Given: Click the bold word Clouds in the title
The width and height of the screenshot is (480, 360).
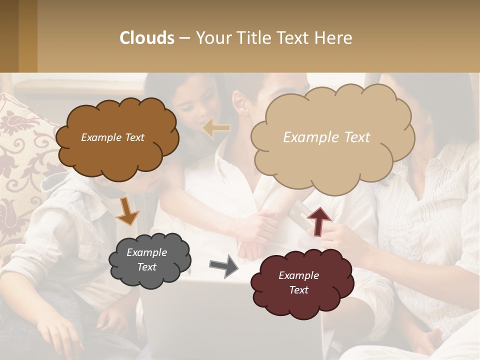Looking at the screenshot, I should [147, 38].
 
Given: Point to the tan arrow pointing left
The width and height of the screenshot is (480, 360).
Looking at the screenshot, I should [217, 128].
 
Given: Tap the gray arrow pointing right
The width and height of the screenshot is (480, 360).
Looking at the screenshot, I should [224, 266].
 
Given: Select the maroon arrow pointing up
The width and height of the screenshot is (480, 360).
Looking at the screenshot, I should [318, 220].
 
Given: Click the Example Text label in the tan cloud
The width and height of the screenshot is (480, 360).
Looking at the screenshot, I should [326, 137].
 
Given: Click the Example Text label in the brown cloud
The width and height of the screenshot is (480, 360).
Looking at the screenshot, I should [112, 137].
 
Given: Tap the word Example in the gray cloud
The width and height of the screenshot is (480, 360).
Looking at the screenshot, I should [146, 252].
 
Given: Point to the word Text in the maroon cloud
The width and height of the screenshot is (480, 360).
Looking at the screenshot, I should [298, 290].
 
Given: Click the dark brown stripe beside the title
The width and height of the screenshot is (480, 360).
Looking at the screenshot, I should [9, 36].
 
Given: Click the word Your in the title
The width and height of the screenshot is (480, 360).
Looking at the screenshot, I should [211, 38].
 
